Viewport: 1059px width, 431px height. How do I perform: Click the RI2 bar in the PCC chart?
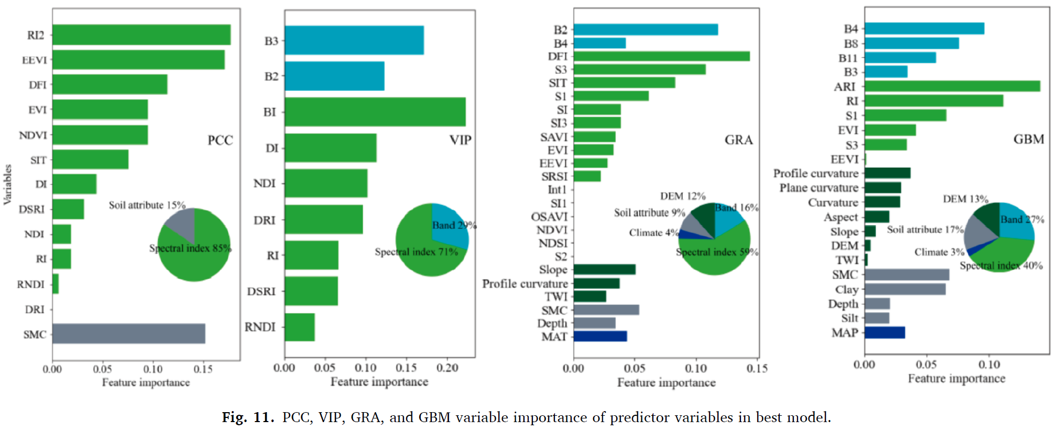(141, 35)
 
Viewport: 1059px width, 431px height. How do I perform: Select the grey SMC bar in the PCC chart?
(128, 334)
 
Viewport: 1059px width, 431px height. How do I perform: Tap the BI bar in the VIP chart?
(375, 112)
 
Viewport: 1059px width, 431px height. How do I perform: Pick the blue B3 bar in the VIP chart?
(354, 40)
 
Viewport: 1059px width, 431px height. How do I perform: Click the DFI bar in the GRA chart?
(661, 56)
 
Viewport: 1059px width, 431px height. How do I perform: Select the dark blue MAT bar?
(600, 336)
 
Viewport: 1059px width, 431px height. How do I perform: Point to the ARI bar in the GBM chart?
(952, 86)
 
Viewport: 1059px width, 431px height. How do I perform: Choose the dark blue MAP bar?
(885, 333)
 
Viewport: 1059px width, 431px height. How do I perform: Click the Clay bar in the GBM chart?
(905, 289)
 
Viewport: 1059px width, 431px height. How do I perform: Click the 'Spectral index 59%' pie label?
(717, 252)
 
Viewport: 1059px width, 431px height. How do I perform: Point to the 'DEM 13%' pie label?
(965, 199)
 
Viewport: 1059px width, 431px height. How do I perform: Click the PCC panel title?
(220, 140)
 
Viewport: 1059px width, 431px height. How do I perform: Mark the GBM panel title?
(1029, 139)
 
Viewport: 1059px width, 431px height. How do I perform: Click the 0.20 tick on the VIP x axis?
(447, 368)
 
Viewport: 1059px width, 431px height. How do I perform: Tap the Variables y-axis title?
(8, 184)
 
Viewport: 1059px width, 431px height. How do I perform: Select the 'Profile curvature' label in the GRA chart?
(525, 283)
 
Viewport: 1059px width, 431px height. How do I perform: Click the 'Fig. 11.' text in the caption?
(248, 417)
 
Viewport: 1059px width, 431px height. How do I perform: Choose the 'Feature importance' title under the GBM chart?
(956, 379)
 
